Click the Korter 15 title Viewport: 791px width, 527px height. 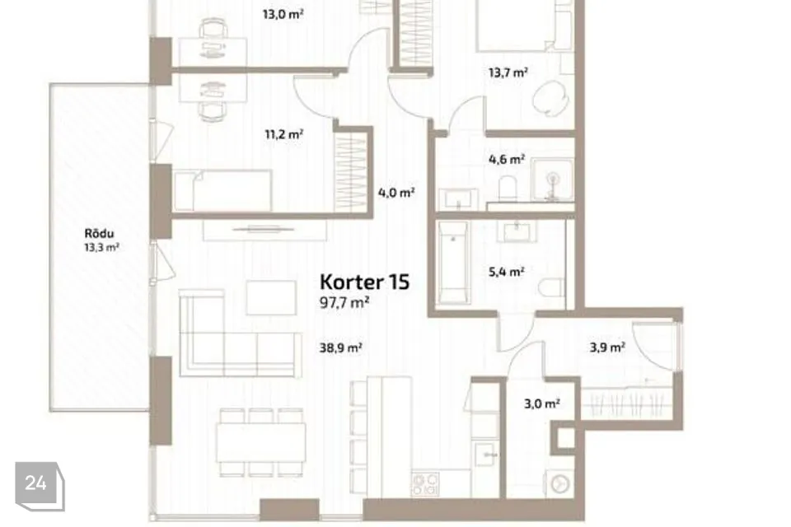364,282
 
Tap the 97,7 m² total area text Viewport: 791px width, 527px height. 344,302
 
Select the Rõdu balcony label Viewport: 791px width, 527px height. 99,234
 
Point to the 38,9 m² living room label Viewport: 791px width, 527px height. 340,347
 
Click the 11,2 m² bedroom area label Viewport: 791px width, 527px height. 283,134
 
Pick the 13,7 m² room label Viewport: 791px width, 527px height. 508,72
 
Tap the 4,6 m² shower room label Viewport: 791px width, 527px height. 507,160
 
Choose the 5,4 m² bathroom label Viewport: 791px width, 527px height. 507,272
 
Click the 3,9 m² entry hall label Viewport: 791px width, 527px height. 607,347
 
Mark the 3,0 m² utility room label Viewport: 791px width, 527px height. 542,403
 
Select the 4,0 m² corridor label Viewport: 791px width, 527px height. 396,192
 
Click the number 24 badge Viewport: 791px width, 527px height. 40,486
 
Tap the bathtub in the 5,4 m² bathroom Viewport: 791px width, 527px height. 453,263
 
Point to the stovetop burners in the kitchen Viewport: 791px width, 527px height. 425,483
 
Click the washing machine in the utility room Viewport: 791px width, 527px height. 559,484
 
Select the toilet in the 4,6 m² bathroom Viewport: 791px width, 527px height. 508,188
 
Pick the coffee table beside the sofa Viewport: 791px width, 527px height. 271,297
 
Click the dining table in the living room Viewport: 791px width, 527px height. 261,442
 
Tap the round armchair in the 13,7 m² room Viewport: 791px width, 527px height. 550,99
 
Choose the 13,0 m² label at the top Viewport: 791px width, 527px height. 283,14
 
